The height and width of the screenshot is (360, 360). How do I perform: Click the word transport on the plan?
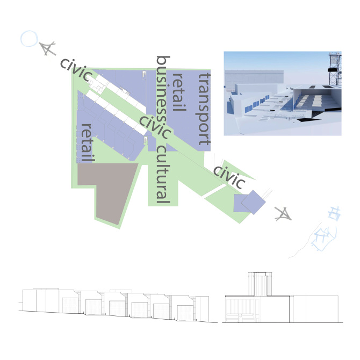pyautogui.click(x=204, y=109)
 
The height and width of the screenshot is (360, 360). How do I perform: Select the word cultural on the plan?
pyautogui.click(x=163, y=175)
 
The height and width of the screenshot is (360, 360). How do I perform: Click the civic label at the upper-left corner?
pyautogui.click(x=76, y=70)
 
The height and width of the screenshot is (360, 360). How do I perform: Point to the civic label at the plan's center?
pyautogui.click(x=155, y=127)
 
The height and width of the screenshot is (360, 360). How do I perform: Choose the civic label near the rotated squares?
pyautogui.click(x=229, y=177)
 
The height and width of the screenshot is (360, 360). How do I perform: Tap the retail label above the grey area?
pyautogui.click(x=88, y=143)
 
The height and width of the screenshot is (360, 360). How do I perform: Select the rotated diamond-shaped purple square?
pyautogui.click(x=253, y=202)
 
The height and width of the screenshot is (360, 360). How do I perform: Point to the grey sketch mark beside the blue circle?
pyautogui.click(x=47, y=48)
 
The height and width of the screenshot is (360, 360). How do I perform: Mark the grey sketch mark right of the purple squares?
pyautogui.click(x=283, y=214)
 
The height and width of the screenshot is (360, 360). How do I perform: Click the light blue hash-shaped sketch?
pyautogui.click(x=334, y=213)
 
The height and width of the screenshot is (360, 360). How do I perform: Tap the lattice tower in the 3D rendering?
pyautogui.click(x=335, y=69)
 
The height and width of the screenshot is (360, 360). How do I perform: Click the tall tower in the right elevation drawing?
pyautogui.click(x=260, y=284)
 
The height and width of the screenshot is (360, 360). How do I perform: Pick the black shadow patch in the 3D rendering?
pyautogui.click(x=308, y=120)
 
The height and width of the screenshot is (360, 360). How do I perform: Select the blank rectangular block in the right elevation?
pyautogui.click(x=316, y=309)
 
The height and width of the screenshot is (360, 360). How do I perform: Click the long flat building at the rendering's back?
pyautogui.click(x=254, y=77)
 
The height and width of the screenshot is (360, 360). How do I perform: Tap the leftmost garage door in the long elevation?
pyautogui.click(x=70, y=306)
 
